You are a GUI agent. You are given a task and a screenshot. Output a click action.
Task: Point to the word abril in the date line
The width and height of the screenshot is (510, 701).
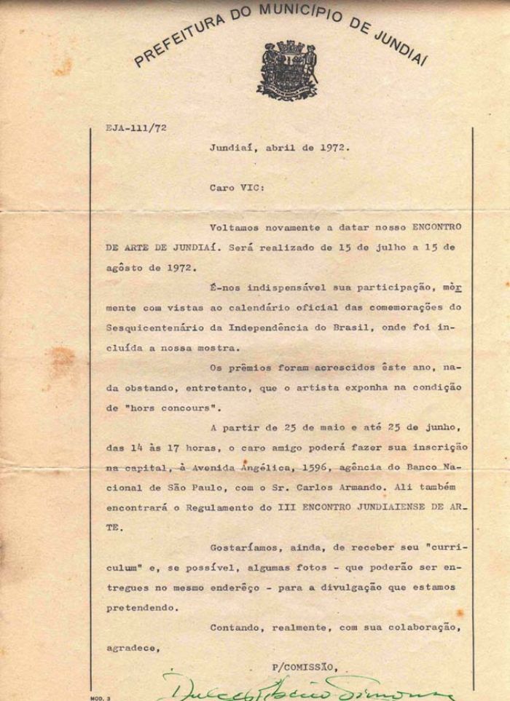click(x=279, y=146)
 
